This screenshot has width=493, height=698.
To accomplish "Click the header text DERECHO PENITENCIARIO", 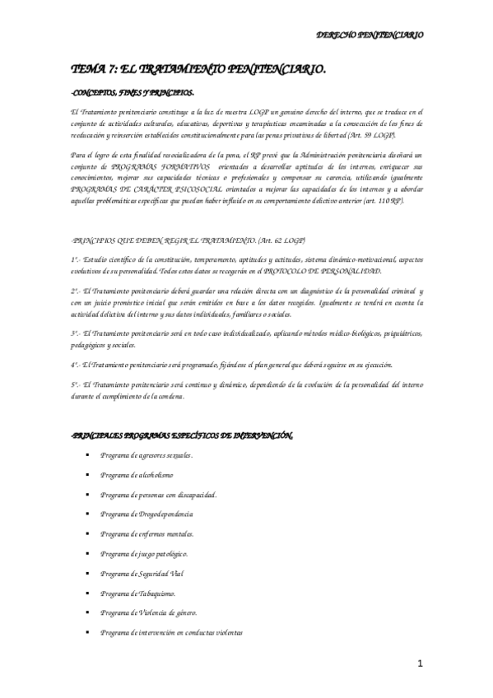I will pos(370,35).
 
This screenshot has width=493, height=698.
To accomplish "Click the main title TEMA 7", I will pos(198,72).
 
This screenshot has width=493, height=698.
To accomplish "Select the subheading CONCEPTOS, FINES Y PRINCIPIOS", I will pos(132,93).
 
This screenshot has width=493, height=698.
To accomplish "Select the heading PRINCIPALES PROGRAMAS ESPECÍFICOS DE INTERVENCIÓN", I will pos(182,435).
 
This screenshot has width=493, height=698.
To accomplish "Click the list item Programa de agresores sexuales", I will pos(147,455).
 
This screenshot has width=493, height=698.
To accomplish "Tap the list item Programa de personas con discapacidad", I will pos(158,495).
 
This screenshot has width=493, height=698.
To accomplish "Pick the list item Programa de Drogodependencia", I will pos(147,514).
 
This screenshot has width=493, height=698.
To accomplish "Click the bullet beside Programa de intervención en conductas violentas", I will pos(86,632).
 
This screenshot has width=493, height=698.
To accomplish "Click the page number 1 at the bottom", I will pos(419,663).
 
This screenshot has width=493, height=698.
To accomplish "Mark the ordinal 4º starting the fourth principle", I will pos(75,365).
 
